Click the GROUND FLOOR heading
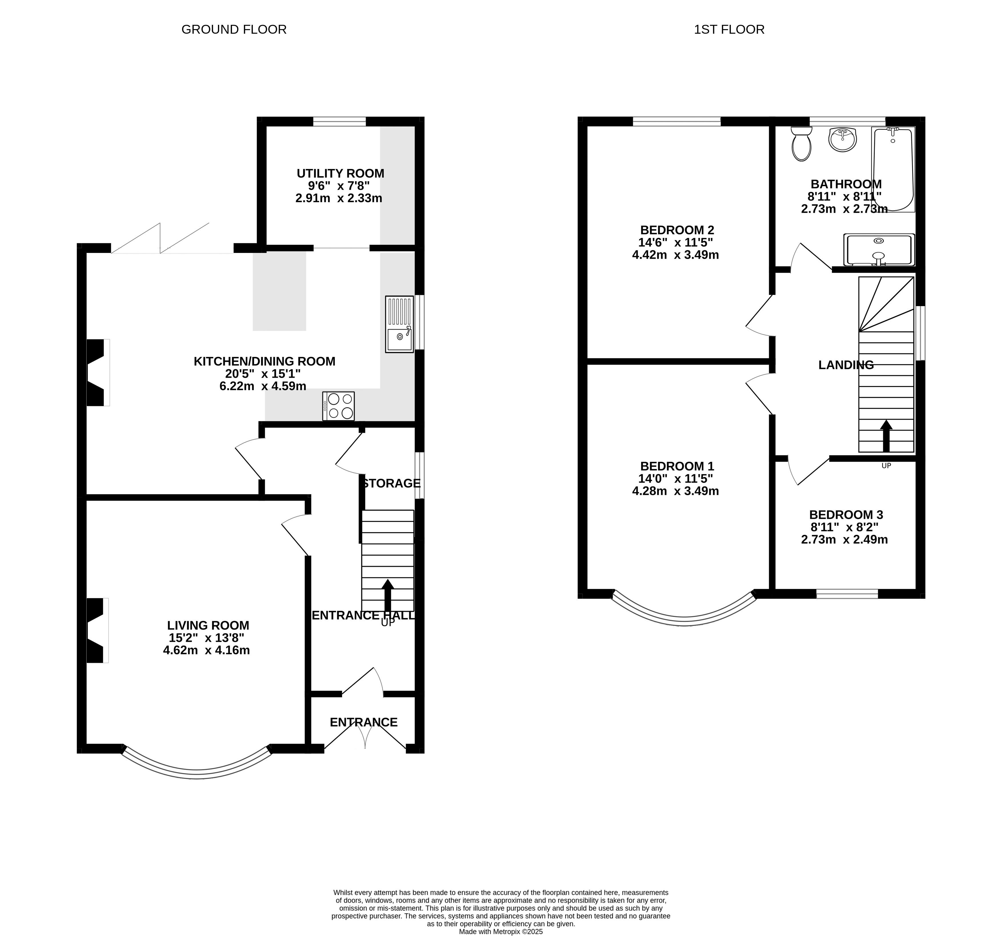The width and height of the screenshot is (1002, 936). [234, 30]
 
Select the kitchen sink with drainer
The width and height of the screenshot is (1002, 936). [399, 324]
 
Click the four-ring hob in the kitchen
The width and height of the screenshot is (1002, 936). [339, 406]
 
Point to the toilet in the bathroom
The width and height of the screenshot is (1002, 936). [801, 144]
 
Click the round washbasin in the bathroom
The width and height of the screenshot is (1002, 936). [843, 140]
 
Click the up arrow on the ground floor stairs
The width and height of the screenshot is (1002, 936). [388, 595]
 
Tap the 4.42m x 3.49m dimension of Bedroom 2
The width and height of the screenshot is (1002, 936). [675, 255]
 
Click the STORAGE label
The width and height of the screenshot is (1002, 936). [391, 483]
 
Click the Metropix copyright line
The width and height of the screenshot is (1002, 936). [501, 931]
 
